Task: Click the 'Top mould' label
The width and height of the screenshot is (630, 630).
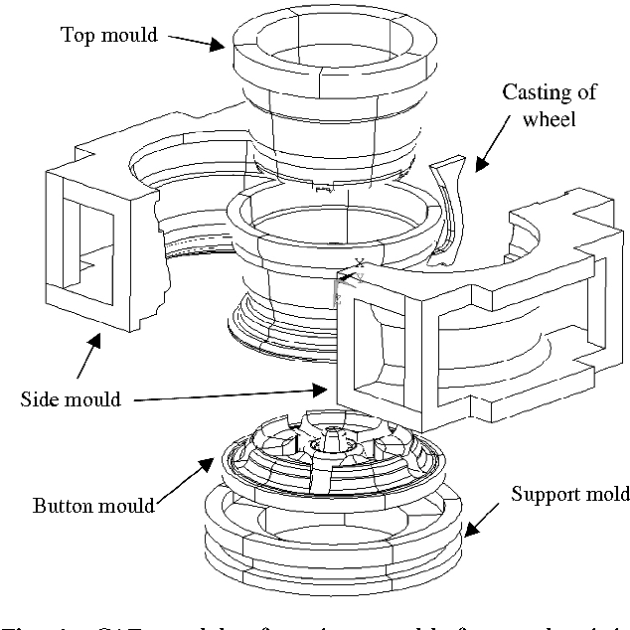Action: tap(109, 35)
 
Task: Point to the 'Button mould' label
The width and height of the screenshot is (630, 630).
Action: tap(93, 505)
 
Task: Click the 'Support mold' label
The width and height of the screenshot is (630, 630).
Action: tap(569, 494)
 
